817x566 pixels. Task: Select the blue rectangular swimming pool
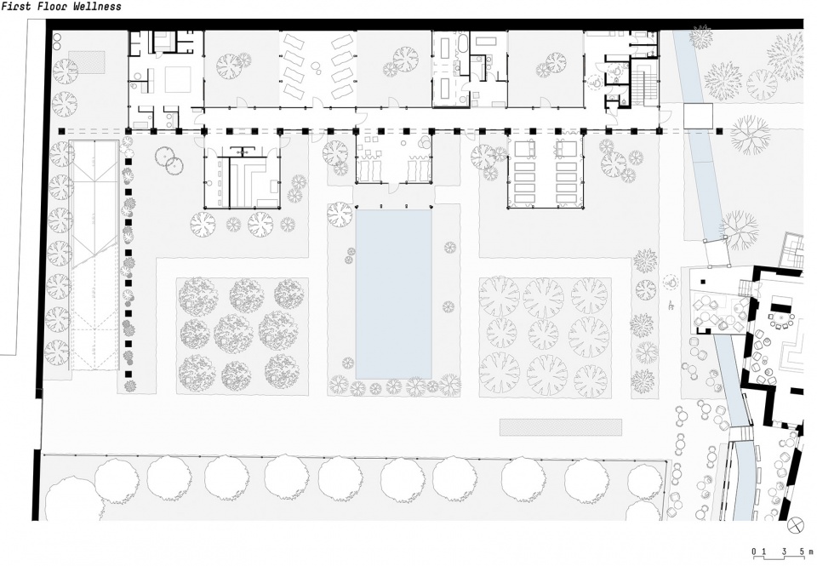coord(394,294)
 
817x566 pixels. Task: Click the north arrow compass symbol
coord(796,525)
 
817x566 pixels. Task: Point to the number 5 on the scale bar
coord(802,552)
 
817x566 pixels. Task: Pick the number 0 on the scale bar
coord(754,552)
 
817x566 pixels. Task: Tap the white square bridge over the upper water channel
coord(698,116)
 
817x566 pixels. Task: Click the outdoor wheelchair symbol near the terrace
coord(671,283)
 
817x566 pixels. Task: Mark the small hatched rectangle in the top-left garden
coord(87,62)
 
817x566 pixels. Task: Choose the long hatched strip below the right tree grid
coord(561,427)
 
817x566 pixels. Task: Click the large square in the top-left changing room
coord(178,79)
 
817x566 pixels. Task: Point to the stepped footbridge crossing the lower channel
coord(740,433)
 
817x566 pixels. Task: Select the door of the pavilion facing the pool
coord(395,187)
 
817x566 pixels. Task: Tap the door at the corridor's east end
coord(666,117)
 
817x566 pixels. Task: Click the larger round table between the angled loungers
coord(317,66)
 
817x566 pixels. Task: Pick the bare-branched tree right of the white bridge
coord(750,135)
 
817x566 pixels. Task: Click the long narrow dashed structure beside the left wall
coord(94,254)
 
